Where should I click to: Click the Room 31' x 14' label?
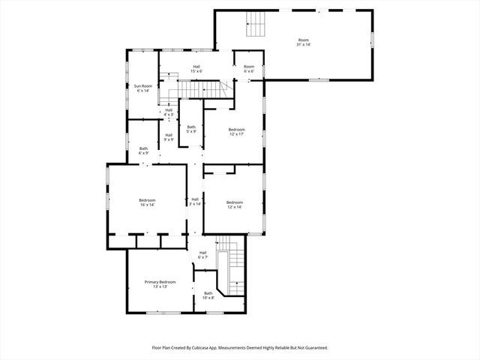click(303, 42)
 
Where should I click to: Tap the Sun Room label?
click(142, 88)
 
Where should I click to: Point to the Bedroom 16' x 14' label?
click(147, 202)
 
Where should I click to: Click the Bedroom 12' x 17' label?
click(236, 131)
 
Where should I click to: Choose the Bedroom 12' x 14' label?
click(235, 204)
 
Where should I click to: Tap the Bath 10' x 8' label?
click(208, 296)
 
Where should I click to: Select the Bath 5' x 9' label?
click(191, 129)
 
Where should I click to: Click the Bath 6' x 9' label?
click(143, 150)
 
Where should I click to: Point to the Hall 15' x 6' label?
click(196, 69)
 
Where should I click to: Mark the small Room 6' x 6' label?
click(248, 69)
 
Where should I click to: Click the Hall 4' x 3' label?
click(169, 112)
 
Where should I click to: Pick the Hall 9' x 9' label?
click(169, 136)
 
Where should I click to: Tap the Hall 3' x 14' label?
click(195, 201)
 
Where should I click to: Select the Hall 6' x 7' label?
click(202, 254)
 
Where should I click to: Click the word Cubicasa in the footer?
click(208, 348)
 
